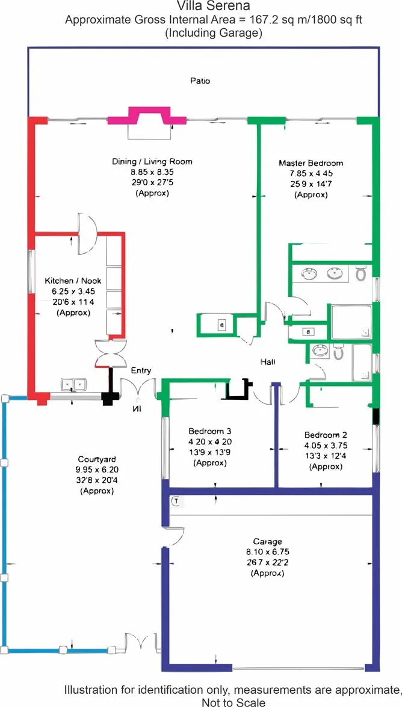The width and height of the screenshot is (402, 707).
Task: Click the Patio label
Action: (x=200, y=81)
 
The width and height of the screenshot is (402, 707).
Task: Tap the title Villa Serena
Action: (x=200, y=6)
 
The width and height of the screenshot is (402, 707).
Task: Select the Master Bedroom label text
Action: (x=311, y=163)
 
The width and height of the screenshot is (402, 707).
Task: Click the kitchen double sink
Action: (x=73, y=385)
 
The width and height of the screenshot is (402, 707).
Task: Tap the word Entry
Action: (x=141, y=370)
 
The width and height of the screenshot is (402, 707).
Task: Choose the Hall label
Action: (x=268, y=362)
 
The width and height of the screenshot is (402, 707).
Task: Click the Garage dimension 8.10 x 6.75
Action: (x=267, y=551)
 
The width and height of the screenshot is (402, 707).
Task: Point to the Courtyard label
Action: (x=96, y=459)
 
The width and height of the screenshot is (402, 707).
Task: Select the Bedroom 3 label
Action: (x=210, y=430)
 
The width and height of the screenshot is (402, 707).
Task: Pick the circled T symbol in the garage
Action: (x=176, y=500)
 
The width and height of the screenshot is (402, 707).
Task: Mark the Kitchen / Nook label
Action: (x=73, y=281)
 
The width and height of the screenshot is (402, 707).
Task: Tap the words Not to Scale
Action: (x=233, y=702)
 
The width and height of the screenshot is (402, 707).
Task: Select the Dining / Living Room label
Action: (x=152, y=161)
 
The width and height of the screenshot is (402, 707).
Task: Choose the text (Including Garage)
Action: (x=214, y=33)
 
